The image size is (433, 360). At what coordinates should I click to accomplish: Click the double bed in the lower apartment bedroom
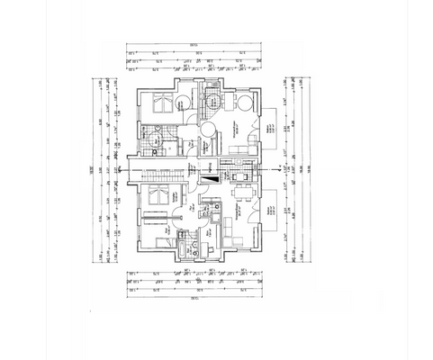(158, 196)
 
